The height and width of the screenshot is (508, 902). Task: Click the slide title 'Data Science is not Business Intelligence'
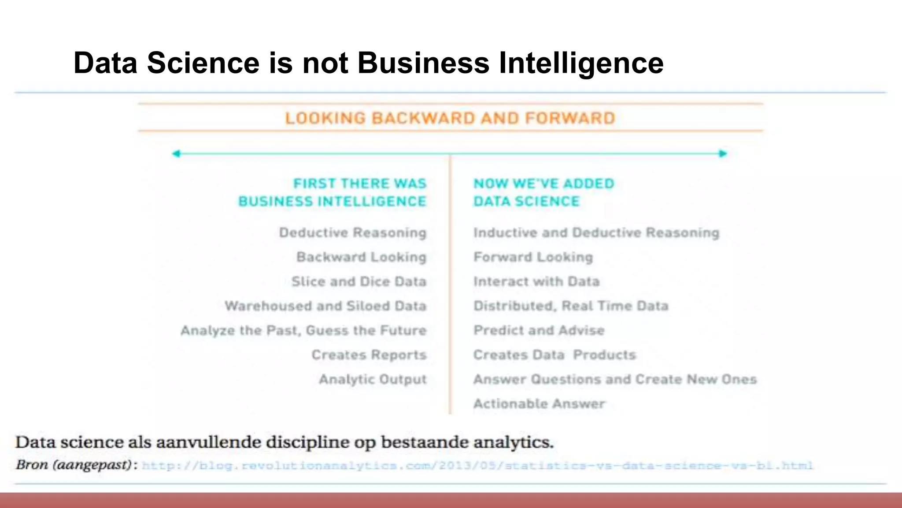368,63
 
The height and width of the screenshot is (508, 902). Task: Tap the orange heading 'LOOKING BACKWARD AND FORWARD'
450,118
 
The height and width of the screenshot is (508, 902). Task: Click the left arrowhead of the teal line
176,153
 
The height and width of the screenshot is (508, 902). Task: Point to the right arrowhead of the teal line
723,153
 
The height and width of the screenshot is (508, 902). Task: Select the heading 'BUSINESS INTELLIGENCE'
333,202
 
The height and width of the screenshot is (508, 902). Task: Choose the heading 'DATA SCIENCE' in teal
526,202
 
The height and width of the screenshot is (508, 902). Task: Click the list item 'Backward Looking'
361,257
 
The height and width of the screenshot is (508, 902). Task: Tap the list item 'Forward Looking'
533,257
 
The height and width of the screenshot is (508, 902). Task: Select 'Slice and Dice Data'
359,281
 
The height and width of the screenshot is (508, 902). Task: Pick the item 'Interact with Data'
536,281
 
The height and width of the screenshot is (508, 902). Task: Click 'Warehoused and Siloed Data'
325,306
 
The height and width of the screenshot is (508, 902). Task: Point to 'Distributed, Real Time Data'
571,306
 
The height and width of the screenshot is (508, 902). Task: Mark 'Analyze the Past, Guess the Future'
303,330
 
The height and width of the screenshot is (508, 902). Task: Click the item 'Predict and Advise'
539,330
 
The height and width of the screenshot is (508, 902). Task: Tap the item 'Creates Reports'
369,355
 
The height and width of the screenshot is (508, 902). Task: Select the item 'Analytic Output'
373,379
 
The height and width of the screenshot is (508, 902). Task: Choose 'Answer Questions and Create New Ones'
615,379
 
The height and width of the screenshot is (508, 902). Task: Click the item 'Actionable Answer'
539,403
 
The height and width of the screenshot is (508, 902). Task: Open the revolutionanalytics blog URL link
477,466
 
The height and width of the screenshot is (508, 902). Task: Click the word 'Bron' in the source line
32,465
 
